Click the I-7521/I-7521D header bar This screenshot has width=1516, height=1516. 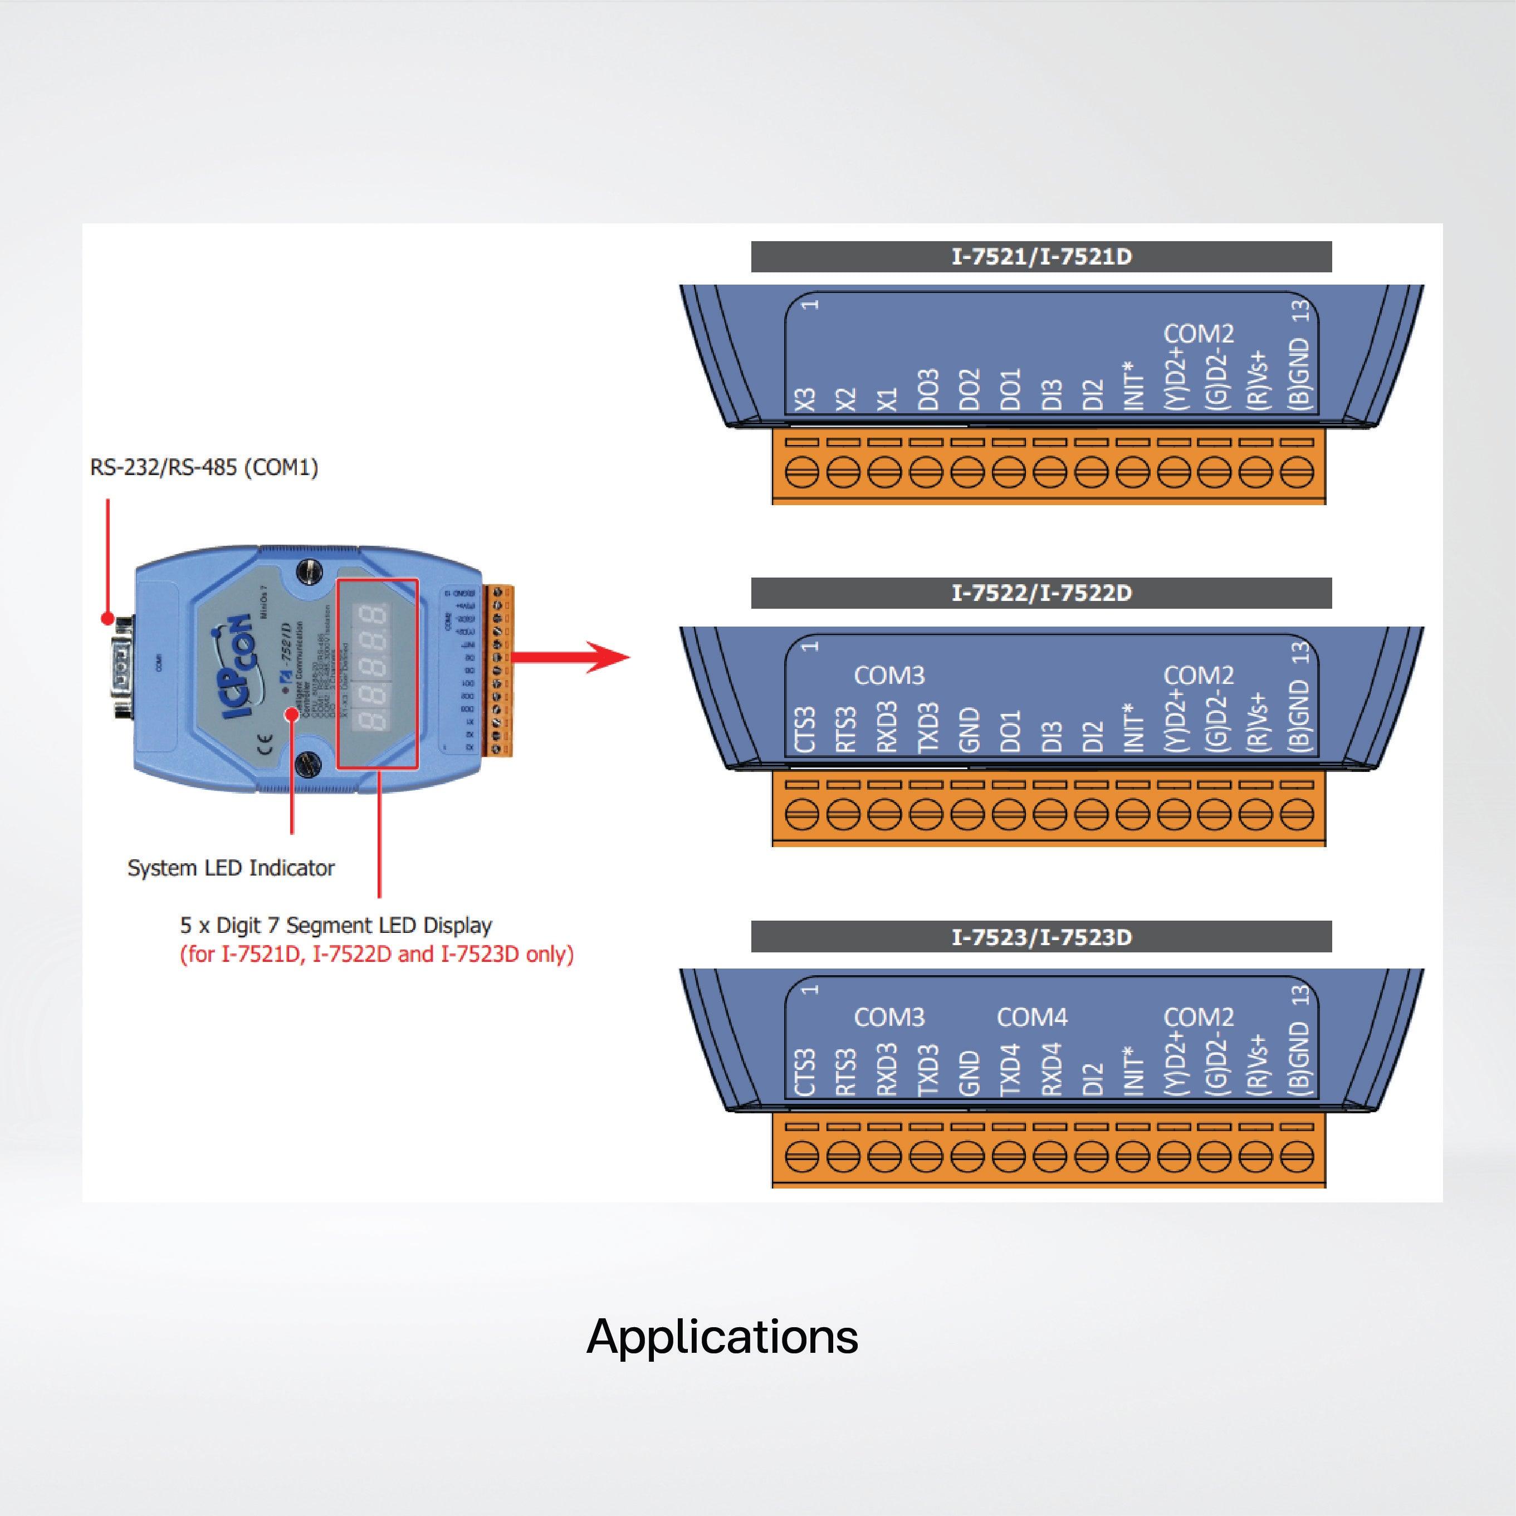click(x=1041, y=257)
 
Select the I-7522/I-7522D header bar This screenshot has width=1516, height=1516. click(x=1041, y=593)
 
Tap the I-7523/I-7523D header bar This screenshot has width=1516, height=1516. click(x=1041, y=937)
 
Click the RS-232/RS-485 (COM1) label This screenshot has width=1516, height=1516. click(x=204, y=468)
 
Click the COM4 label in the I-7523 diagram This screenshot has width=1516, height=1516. click(x=1032, y=1018)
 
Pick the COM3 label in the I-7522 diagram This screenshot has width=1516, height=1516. click(x=889, y=676)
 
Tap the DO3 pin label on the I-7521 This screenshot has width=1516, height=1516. click(x=928, y=390)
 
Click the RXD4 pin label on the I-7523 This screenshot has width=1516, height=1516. click(x=1052, y=1069)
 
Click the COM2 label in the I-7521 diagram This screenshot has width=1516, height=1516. click(x=1198, y=334)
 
